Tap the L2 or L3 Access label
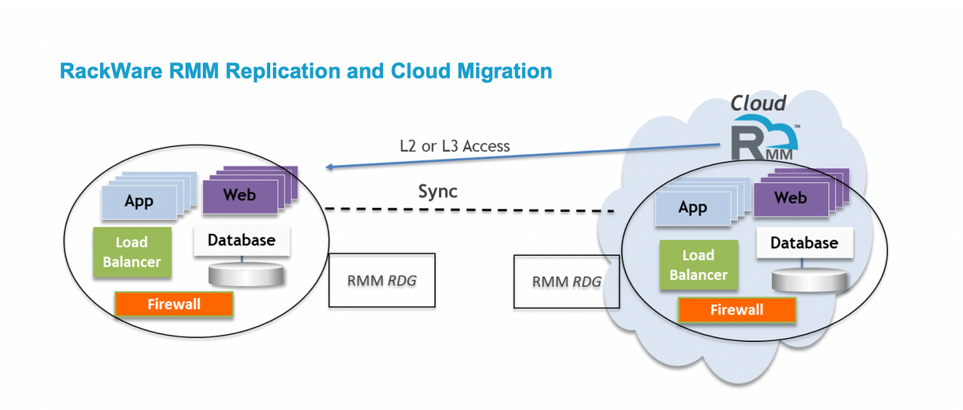pos(455,146)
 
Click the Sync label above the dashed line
pos(437,191)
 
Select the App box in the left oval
pos(138,202)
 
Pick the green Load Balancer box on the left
pos(131,252)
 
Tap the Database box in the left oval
pos(241,241)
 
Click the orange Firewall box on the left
pos(174,303)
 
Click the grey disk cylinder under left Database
pos(246,275)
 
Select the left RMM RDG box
pos(382,280)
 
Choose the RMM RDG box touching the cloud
pos(566,281)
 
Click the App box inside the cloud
pos(693,208)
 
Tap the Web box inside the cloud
pos(790,198)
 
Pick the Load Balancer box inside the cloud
pos(698,265)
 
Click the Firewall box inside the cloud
pos(737,310)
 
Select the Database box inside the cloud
pos(804,243)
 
